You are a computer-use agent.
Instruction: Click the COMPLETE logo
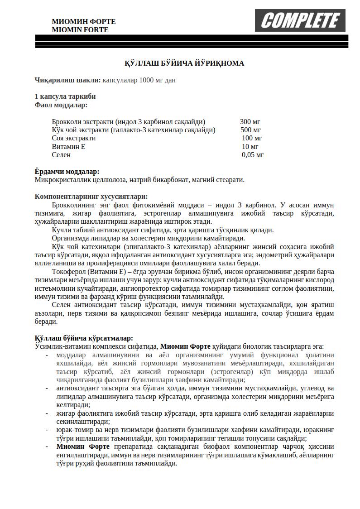tap(300, 20)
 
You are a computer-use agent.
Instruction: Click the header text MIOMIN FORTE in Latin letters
tap(80, 30)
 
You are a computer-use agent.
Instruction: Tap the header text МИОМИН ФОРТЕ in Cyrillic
tap(84, 21)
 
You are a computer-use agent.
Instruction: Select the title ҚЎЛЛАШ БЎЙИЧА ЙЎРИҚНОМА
tap(184, 63)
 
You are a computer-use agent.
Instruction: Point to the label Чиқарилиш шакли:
tap(68, 80)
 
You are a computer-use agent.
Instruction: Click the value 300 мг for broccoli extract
tap(250, 122)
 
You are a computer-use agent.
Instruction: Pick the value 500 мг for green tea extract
tap(250, 130)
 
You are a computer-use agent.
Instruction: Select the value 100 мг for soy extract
tap(252, 138)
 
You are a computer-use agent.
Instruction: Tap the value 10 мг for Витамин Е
tap(250, 146)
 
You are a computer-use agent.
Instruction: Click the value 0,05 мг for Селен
tap(253, 155)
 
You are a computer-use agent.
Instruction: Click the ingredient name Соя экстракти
tap(74, 138)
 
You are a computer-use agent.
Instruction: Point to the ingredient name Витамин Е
tap(68, 146)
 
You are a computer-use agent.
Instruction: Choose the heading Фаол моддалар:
tap(61, 105)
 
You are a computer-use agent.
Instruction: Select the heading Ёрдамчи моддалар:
tap(67, 172)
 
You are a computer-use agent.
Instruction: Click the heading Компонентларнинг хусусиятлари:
tap(91, 197)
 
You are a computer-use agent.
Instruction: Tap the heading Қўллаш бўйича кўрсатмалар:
tap(84, 338)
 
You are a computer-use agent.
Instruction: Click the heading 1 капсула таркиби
tap(65, 96)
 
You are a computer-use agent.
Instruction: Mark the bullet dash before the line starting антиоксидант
tap(47, 389)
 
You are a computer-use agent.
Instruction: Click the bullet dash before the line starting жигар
tap(47, 413)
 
